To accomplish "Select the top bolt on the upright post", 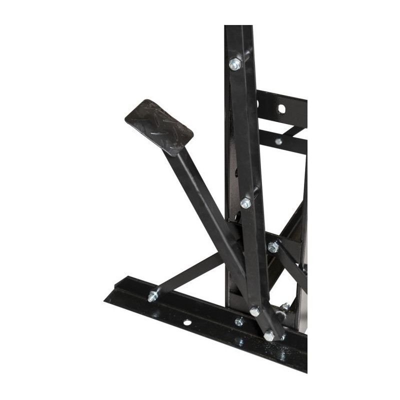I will [x=234, y=64].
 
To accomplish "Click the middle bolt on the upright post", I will [x=245, y=203].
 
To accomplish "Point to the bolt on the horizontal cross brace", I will [x=272, y=246].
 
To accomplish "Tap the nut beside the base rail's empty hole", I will [x=239, y=321].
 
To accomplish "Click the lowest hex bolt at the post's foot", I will [x=269, y=335].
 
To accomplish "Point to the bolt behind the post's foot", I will [x=285, y=306].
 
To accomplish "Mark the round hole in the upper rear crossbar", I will [x=281, y=108].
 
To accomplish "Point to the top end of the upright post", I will [x=237, y=30].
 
